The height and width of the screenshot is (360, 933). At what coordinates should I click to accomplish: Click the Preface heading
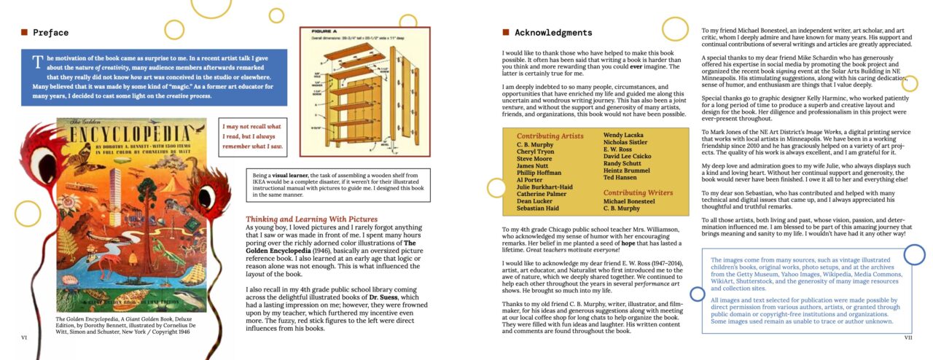point(50,33)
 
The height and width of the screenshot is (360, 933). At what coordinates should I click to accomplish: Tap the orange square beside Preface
point(24,32)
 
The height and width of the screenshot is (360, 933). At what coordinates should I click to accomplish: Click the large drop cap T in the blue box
point(36,62)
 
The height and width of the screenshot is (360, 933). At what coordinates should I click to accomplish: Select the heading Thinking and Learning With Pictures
point(311,219)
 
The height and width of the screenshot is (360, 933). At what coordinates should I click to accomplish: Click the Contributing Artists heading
point(550,136)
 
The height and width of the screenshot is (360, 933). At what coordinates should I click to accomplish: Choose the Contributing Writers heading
point(639,192)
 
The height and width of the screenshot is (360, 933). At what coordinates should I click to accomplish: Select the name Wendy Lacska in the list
point(625,135)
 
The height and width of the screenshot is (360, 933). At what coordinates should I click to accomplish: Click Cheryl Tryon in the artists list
point(536,152)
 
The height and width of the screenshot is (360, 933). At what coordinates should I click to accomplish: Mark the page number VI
point(24,337)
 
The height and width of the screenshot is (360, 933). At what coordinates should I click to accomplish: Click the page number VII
point(907,337)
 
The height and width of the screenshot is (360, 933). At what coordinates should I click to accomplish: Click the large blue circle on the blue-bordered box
point(914,254)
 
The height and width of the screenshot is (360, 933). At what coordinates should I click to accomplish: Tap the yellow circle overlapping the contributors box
point(496,188)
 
